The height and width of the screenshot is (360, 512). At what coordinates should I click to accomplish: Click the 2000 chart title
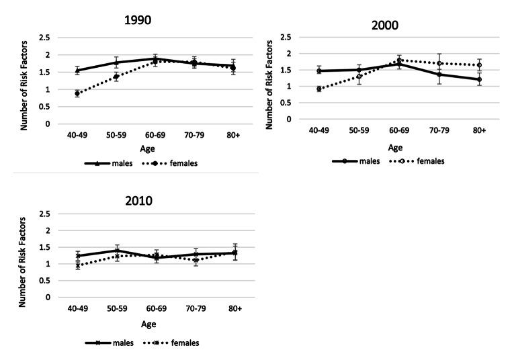[x=384, y=25]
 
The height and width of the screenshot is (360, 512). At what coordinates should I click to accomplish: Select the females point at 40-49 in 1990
[x=77, y=93]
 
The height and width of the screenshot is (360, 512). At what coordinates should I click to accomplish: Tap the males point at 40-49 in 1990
[x=77, y=70]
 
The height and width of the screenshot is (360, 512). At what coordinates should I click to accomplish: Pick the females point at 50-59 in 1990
[x=116, y=77]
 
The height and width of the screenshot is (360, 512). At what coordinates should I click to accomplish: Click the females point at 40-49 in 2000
[x=319, y=89]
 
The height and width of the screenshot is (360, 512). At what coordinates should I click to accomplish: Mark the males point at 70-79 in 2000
[x=439, y=74]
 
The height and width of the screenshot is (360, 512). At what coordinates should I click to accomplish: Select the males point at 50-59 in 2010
[x=116, y=250]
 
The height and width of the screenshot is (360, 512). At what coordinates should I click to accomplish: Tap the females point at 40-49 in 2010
[x=78, y=265]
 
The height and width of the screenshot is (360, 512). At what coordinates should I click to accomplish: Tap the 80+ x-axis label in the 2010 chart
[x=234, y=308]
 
